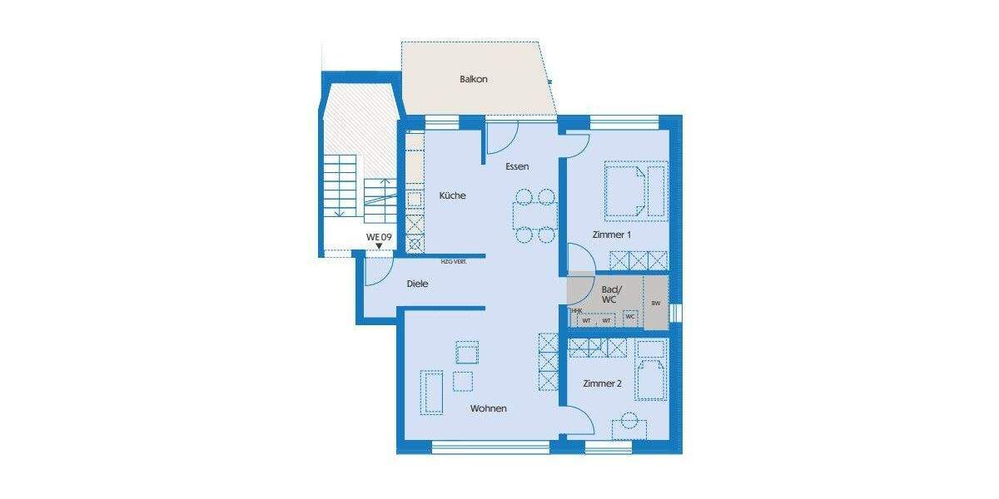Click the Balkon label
pyautogui.click(x=473, y=80)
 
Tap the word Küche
pyautogui.click(x=453, y=195)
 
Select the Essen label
pyautogui.click(x=517, y=166)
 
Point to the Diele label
pyautogui.click(x=417, y=284)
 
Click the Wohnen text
pyautogui.click(x=488, y=408)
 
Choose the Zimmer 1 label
pyautogui.click(x=612, y=235)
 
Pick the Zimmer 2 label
pyautogui.click(x=602, y=383)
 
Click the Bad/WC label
pyautogui.click(x=609, y=294)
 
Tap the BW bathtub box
pyautogui.click(x=656, y=304)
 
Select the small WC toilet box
pyautogui.click(x=630, y=317)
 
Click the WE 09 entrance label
pyautogui.click(x=379, y=237)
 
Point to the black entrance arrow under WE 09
pyautogui.click(x=379, y=246)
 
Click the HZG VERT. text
pyautogui.click(x=453, y=261)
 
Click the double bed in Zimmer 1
pyautogui.click(x=624, y=190)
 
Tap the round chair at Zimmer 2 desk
pyautogui.click(x=629, y=418)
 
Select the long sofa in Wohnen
pyautogui.click(x=432, y=391)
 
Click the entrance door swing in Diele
pyautogui.click(x=379, y=268)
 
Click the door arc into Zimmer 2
pyautogui.click(x=579, y=421)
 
